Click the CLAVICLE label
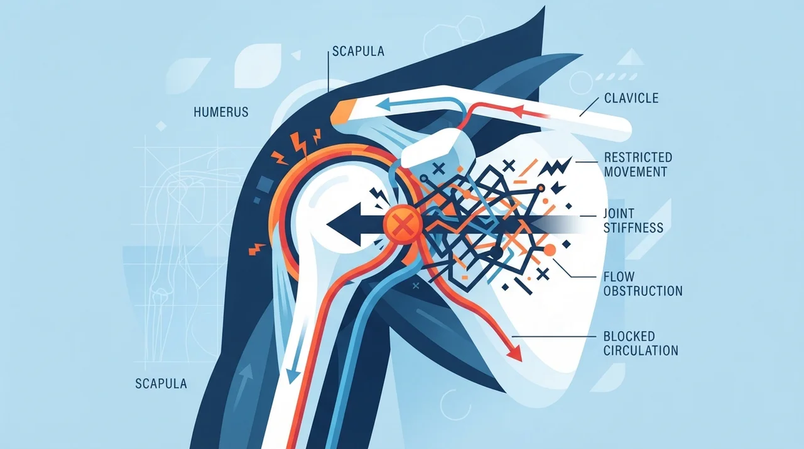[x=631, y=98]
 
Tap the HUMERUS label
[x=221, y=112]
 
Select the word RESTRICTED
[x=638, y=157]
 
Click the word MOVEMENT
[x=636, y=172]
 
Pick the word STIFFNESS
[x=634, y=228]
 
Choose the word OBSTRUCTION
[x=643, y=291]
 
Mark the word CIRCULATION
[x=641, y=350]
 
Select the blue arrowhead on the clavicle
[x=383, y=104]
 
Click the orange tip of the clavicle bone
[x=343, y=112]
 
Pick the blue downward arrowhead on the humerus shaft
[x=293, y=377]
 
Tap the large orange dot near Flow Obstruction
[x=549, y=250]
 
